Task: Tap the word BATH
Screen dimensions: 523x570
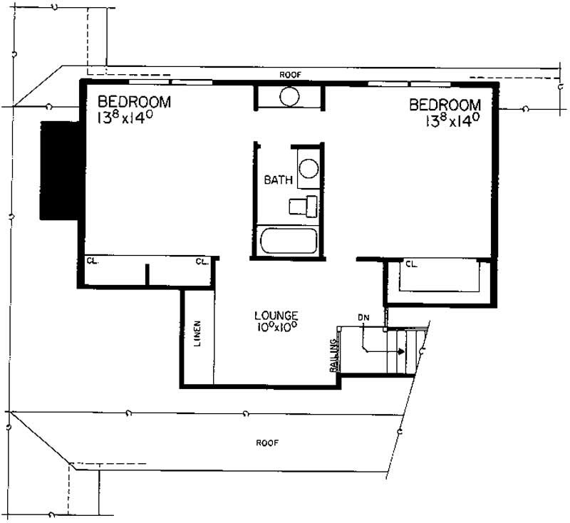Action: point(278,180)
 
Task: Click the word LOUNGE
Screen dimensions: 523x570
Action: point(276,315)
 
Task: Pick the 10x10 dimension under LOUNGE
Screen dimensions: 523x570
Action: point(275,328)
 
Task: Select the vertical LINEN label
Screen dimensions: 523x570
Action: point(197,333)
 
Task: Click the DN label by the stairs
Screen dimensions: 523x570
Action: point(363,317)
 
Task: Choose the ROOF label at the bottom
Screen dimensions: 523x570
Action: point(267,442)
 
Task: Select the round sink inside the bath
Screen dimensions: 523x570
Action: point(308,169)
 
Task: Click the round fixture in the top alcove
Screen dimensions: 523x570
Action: point(289,96)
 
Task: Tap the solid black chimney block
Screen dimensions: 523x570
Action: point(61,170)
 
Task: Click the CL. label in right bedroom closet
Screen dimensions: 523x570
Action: point(411,264)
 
